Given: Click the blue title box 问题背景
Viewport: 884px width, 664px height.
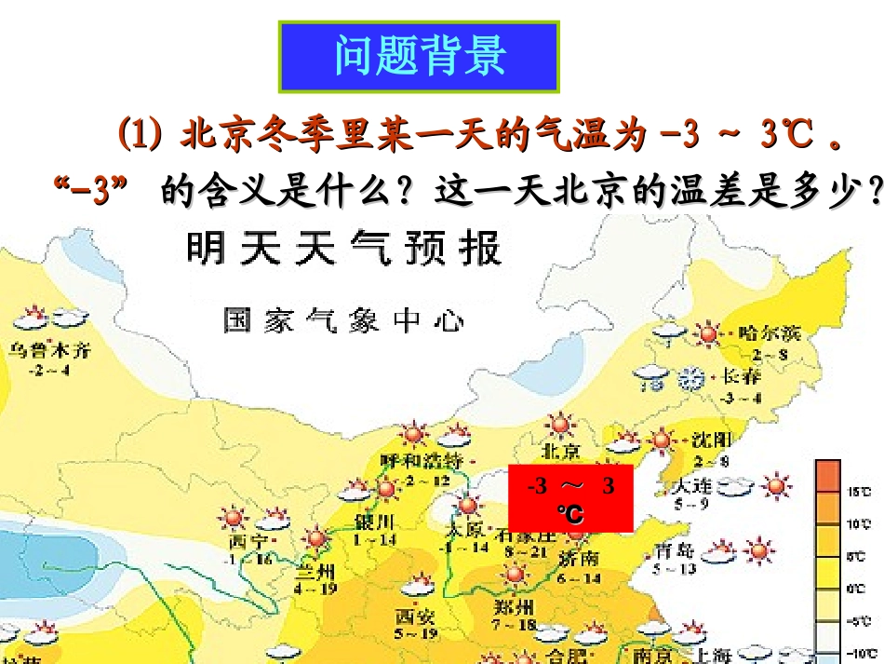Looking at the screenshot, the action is pos(420,57).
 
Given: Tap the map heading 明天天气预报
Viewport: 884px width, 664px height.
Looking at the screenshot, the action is pos(344,250).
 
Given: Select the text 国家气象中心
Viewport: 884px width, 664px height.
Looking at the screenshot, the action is pos(343,321).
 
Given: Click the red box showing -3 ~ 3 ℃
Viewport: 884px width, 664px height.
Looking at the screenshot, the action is pos(570,498).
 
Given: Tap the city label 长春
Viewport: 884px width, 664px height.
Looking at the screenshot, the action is pos(741,377).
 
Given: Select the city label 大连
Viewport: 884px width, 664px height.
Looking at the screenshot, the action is pos(694,485).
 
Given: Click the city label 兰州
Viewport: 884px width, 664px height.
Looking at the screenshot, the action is pos(315,570).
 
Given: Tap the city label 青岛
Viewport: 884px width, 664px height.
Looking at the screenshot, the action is pos(675,549).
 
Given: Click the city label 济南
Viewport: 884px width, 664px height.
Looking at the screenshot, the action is pos(579,558).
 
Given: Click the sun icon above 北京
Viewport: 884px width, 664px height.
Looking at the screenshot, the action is pos(559,426).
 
